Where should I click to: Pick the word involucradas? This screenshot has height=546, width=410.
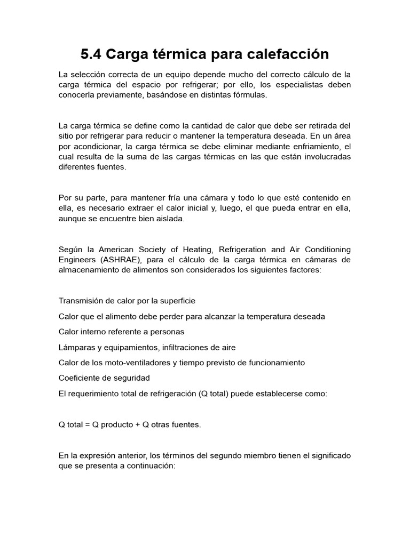[322, 156]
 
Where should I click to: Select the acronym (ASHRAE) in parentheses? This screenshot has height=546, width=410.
[122, 259]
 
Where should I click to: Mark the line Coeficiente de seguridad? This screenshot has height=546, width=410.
[104, 378]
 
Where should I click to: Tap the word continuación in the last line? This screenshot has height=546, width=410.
[149, 465]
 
